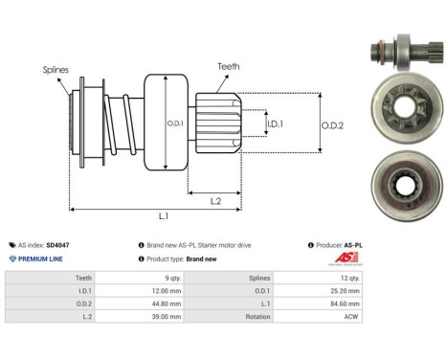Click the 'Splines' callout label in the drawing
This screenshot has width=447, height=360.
click(55, 70)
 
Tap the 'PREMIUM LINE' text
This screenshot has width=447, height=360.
click(39, 259)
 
